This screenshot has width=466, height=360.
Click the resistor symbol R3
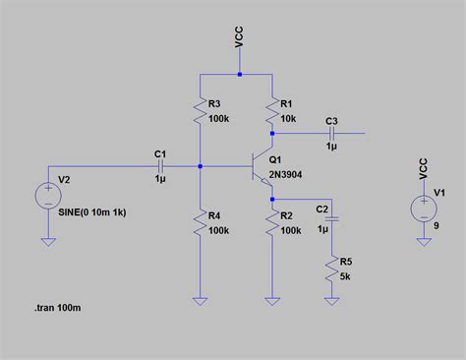coord(201,109)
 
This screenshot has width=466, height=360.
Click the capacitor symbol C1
coord(161,165)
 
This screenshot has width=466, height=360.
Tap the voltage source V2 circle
coord(47,196)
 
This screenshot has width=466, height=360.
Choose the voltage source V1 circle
coord(424,208)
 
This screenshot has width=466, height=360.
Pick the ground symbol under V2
coord(47,240)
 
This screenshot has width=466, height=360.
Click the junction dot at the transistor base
coord(201,165)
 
